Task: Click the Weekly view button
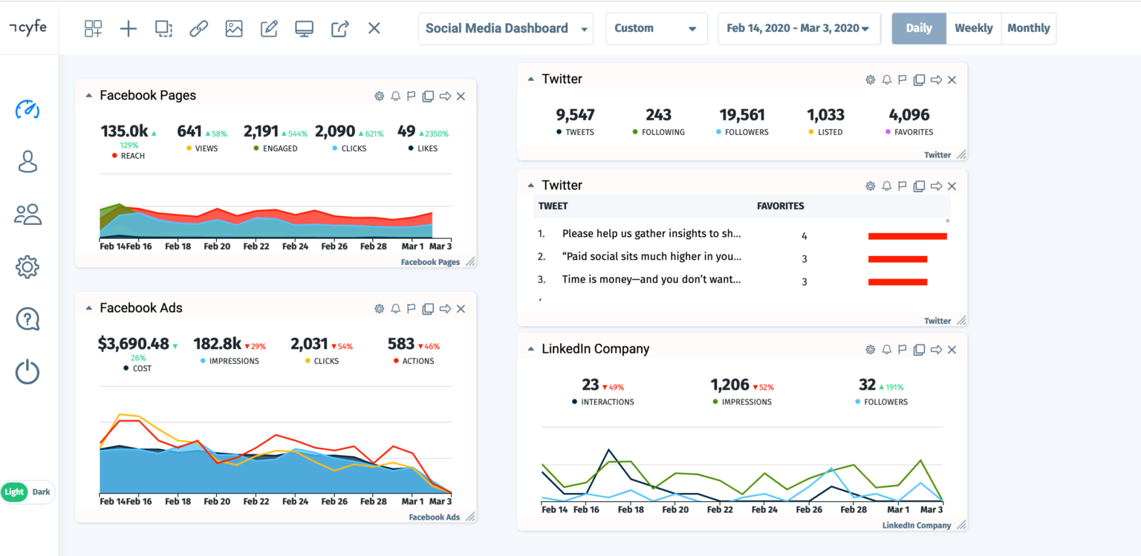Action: pyautogui.click(x=973, y=28)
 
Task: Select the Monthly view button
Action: pyautogui.click(x=1028, y=28)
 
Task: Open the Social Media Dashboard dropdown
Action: pyautogui.click(x=505, y=28)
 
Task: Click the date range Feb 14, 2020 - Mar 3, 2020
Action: pyautogui.click(x=798, y=28)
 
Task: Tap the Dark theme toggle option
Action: pyautogui.click(x=41, y=491)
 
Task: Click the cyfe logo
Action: pyautogui.click(x=28, y=27)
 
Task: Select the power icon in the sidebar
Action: pyautogui.click(x=27, y=371)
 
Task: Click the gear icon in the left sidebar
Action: pyautogui.click(x=27, y=266)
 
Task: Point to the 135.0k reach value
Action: pyautogui.click(x=124, y=131)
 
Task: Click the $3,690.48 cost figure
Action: pyautogui.click(x=134, y=344)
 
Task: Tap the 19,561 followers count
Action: pyautogui.click(x=742, y=114)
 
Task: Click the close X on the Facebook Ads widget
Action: pyautogui.click(x=461, y=309)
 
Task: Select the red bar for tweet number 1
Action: pyautogui.click(x=907, y=236)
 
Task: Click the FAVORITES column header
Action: pyautogui.click(x=780, y=206)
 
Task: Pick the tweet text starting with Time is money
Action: pyautogui.click(x=651, y=280)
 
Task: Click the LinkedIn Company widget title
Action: pyautogui.click(x=595, y=349)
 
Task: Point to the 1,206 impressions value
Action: pyautogui.click(x=729, y=385)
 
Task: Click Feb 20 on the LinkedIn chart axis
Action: pyautogui.click(x=674, y=510)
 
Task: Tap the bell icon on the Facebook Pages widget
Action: pyautogui.click(x=395, y=96)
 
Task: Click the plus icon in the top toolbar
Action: pyautogui.click(x=129, y=28)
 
